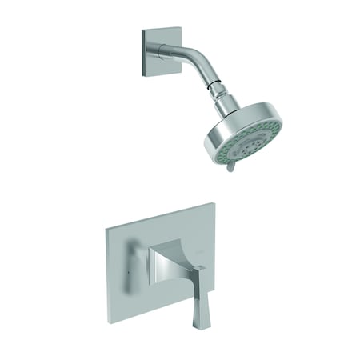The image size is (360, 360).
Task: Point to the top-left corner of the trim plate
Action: point(108,228)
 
